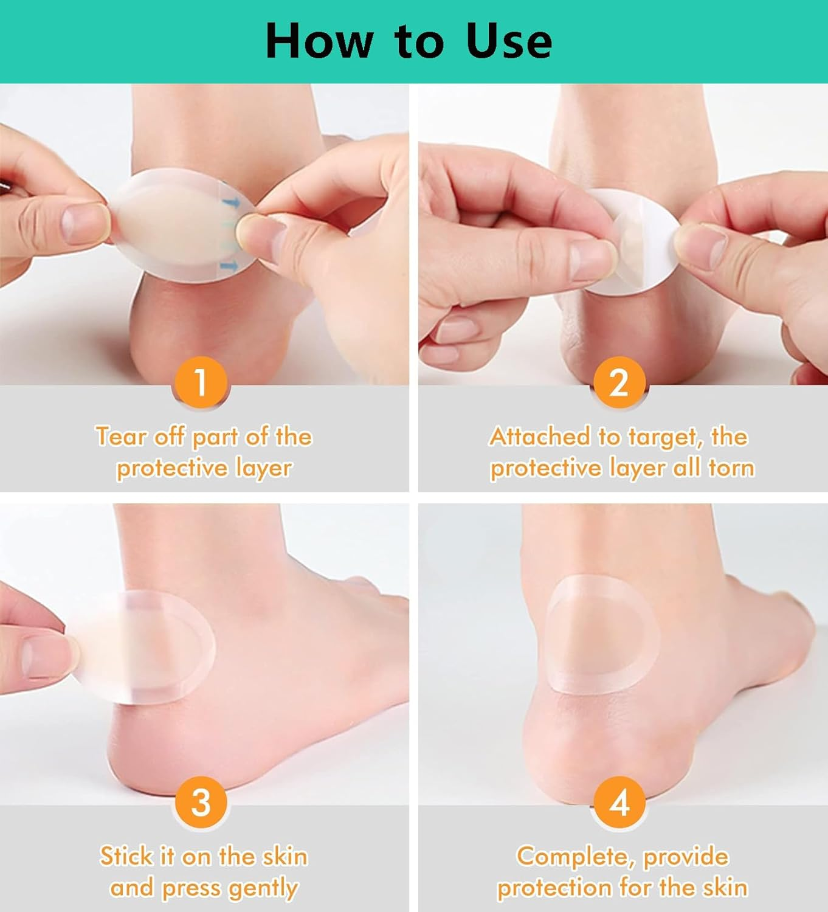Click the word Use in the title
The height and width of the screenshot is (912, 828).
click(509, 41)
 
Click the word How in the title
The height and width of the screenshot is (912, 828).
click(320, 41)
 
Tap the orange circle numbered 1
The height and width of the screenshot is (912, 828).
click(201, 382)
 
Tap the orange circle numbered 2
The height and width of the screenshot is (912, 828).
click(618, 382)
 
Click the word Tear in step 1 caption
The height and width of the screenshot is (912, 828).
click(120, 437)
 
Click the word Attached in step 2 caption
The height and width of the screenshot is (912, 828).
click(539, 437)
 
